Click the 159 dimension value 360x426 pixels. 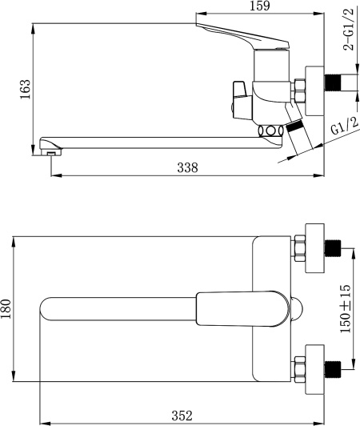pyautogui.click(x=260, y=6)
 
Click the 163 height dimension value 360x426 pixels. pyautogui.click(x=26, y=90)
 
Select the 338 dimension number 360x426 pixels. pyautogui.click(x=188, y=167)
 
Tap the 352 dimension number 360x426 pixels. pyautogui.click(x=182, y=416)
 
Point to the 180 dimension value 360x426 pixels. pyautogui.click(x=6, y=309)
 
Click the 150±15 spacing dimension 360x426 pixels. pyautogui.click(x=346, y=308)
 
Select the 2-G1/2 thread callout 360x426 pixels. pyautogui.click(x=349, y=30)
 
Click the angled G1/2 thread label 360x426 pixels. pyautogui.click(x=345, y=126)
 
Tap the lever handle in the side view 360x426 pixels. pyautogui.click(x=242, y=37)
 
